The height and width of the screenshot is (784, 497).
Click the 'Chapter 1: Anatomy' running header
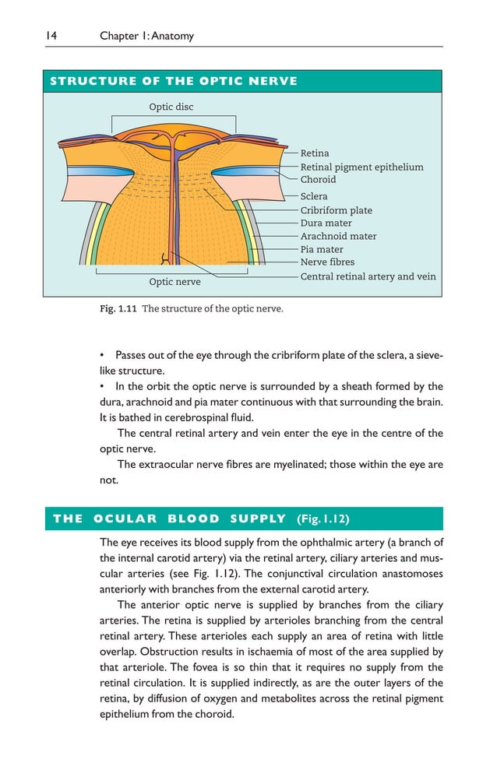[x=146, y=36]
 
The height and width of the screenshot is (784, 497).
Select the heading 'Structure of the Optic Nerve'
[x=173, y=81]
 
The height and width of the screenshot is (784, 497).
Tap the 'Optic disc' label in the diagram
[x=171, y=107]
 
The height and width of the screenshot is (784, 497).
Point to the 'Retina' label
[x=315, y=153]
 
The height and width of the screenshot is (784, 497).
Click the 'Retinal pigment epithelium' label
[x=361, y=167]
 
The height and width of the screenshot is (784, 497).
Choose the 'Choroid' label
[x=318, y=179]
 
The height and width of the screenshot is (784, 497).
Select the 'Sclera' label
[x=314, y=197]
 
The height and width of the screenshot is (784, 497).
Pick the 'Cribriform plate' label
[x=336, y=210]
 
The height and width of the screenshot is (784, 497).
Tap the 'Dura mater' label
[x=326, y=223]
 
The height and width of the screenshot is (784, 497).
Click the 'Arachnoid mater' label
[x=338, y=236]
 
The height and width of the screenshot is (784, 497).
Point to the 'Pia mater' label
[x=322, y=250]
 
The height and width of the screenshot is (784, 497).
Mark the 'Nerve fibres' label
[x=327, y=262]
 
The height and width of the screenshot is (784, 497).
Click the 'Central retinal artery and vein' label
[x=368, y=276]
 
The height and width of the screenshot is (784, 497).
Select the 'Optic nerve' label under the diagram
[x=174, y=282]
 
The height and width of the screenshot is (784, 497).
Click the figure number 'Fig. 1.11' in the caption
[x=118, y=309]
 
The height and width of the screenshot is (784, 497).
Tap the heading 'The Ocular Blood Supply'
[x=169, y=519]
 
